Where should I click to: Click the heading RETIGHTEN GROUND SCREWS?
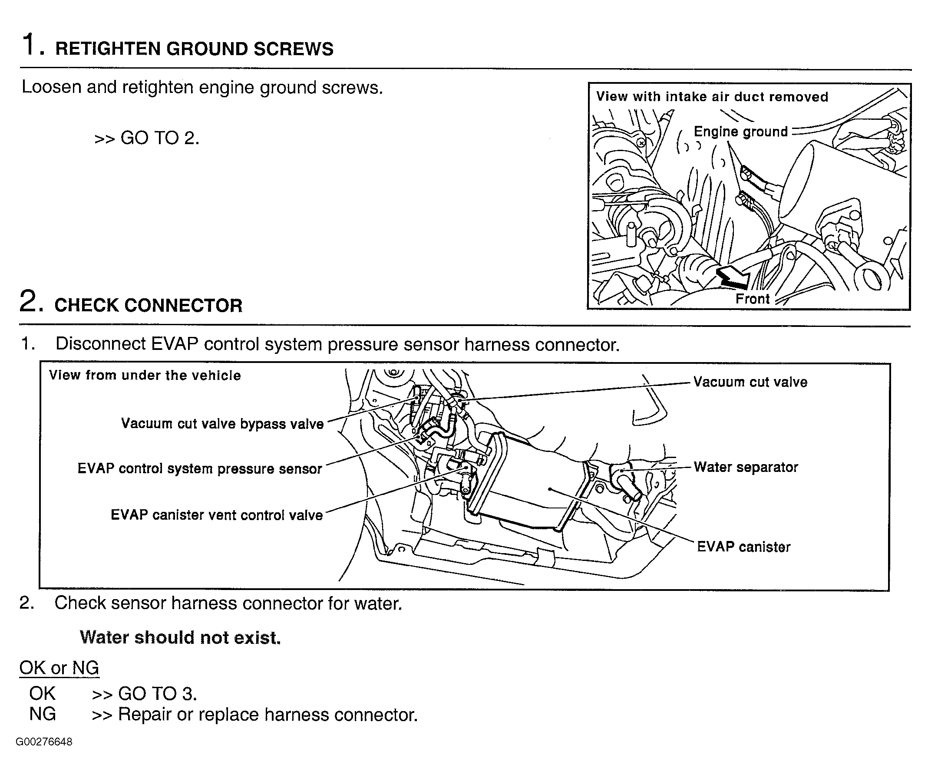tap(194, 49)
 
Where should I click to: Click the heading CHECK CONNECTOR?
tap(148, 306)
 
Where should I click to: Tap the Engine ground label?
tap(741, 132)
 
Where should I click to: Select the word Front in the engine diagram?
tap(752, 299)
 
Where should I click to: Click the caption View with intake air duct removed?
tap(712, 97)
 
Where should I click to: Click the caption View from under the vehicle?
tap(145, 376)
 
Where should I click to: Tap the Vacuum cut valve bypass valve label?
tap(222, 424)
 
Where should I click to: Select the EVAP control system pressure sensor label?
tap(200, 469)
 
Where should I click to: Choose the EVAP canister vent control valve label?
tap(217, 515)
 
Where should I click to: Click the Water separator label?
tap(746, 467)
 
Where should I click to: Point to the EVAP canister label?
tap(743, 547)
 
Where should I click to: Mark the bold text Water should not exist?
tap(180, 637)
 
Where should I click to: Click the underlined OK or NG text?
tap(59, 668)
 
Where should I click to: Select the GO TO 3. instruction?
tap(145, 694)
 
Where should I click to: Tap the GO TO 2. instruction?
tap(147, 138)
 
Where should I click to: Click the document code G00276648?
tap(44, 742)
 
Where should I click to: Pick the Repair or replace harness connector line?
tap(254, 714)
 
